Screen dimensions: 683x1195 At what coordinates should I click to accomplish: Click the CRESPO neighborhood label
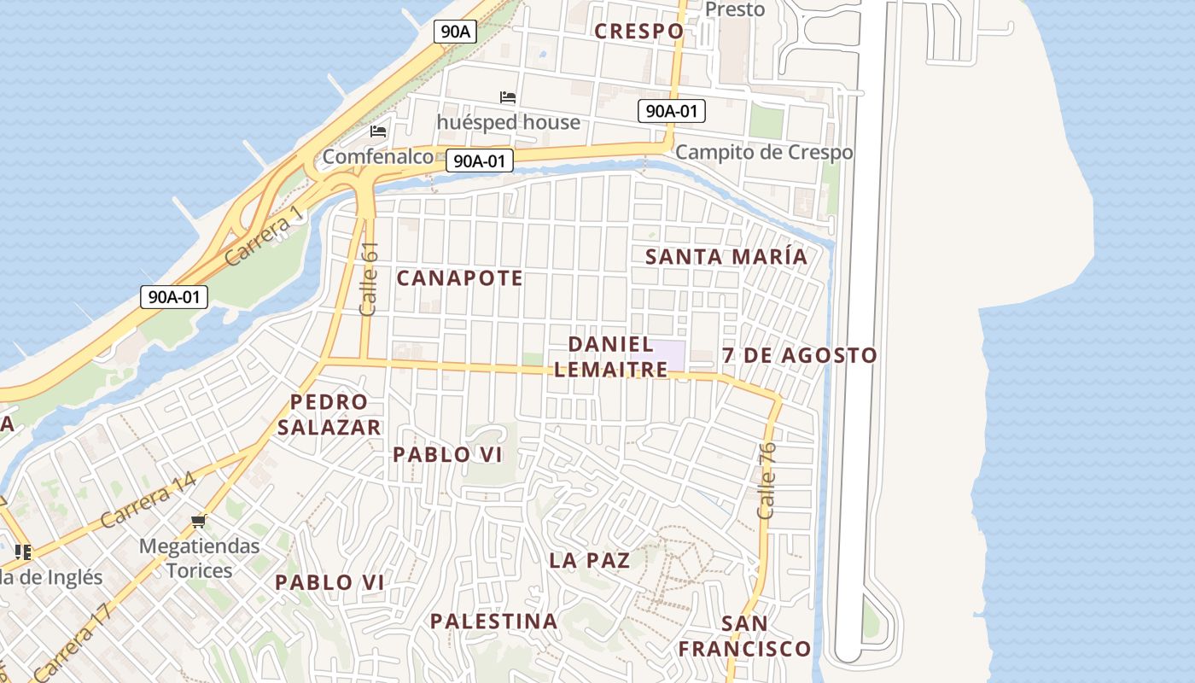(x=638, y=32)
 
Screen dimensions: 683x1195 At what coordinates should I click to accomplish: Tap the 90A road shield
(x=455, y=32)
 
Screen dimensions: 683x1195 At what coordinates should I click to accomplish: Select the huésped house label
(x=508, y=122)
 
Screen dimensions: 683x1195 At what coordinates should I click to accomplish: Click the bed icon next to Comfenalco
(x=378, y=131)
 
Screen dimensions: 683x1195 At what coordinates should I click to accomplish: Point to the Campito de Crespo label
(x=763, y=153)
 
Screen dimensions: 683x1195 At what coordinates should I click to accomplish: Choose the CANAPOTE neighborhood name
(x=459, y=278)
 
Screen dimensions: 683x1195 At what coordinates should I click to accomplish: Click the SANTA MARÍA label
(x=726, y=257)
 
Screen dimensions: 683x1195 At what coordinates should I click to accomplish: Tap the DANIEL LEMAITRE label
(x=610, y=357)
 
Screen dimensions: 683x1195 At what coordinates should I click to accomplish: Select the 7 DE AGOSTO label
(x=799, y=355)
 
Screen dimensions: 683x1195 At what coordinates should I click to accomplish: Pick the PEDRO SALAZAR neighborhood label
(x=329, y=415)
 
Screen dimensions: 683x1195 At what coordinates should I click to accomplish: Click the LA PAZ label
(x=590, y=561)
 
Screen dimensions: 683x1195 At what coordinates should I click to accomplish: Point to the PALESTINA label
(x=493, y=622)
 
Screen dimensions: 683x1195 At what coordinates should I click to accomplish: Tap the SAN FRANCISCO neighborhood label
(x=744, y=636)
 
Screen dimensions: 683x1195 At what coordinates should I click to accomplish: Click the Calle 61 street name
(x=369, y=279)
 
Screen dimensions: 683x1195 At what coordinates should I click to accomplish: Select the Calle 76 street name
(x=766, y=480)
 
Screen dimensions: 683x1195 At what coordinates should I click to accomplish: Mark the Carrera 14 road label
(x=148, y=500)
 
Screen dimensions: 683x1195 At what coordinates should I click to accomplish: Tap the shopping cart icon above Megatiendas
(x=199, y=520)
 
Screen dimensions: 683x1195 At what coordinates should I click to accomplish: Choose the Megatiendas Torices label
(x=199, y=558)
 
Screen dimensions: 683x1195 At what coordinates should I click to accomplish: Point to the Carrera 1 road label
(x=265, y=235)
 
